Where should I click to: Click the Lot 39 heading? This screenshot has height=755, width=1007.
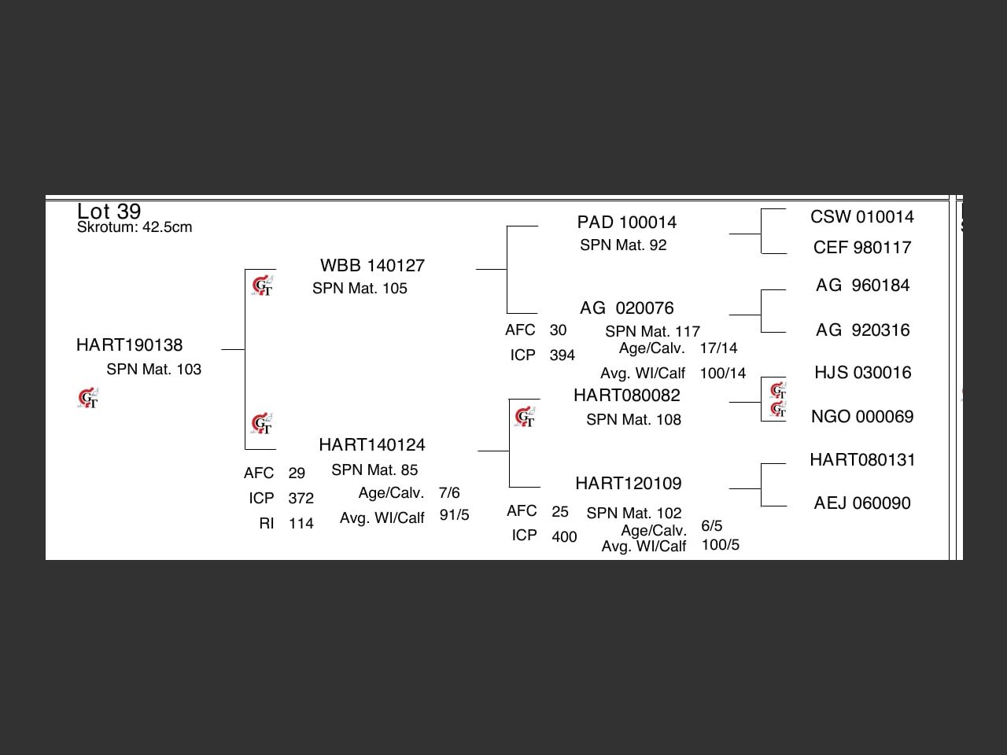109,212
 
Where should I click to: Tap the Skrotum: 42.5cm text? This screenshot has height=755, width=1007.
135,227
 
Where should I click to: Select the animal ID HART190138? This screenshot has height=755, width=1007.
129,345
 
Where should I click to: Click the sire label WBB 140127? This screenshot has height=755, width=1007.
372,266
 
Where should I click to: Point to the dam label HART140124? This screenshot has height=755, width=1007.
371,445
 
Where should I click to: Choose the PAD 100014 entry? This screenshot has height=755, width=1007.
626,223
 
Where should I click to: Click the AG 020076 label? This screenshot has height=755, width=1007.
626,308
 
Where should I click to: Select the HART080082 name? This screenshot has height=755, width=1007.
626,396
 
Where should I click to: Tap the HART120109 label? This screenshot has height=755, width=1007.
628,484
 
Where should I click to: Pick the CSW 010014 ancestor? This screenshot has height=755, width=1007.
861,217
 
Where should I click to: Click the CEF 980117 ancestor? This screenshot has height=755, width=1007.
861,248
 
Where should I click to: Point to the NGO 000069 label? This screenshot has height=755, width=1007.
861,417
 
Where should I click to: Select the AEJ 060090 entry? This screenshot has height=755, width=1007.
861,503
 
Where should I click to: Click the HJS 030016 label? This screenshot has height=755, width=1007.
861,373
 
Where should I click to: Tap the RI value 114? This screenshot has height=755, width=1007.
301,524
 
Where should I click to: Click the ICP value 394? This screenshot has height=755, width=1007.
562,355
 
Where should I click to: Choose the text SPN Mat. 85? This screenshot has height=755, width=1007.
374,470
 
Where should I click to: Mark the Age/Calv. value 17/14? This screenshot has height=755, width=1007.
718,348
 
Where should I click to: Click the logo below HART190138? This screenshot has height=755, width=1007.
89,399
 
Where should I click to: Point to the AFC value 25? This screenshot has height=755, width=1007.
559,512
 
